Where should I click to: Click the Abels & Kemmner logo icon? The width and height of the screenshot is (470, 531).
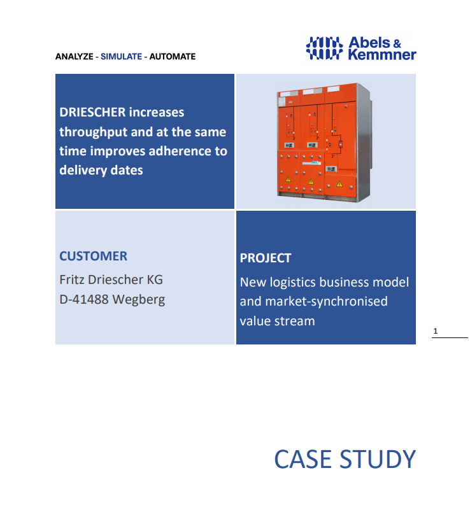coord(324,48)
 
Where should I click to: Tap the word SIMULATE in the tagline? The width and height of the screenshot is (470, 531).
coord(121,57)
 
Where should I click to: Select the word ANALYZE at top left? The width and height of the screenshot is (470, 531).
coord(74,57)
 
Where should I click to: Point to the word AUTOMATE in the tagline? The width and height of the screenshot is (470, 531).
coord(173,57)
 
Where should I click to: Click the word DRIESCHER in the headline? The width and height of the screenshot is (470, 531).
coord(92,112)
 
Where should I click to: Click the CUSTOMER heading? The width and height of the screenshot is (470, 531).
coord(94,256)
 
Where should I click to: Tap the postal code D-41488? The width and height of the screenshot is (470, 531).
coord(84,299)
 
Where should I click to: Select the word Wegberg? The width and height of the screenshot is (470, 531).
coord(139,300)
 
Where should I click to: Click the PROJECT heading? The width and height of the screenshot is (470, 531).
coord(266,258)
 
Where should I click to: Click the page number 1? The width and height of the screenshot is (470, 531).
coord(436,331)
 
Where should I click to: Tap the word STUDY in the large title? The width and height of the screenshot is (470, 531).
coord(378,459)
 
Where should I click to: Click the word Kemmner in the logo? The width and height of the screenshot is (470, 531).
coord(382,55)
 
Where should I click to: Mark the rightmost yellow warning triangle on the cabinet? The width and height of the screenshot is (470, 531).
coord(339,184)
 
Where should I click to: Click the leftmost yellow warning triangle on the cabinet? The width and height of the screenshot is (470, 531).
coord(288,179)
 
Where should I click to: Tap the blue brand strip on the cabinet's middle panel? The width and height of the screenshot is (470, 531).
coord(311,163)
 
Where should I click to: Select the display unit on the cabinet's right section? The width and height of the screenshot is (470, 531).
coord(331,169)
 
